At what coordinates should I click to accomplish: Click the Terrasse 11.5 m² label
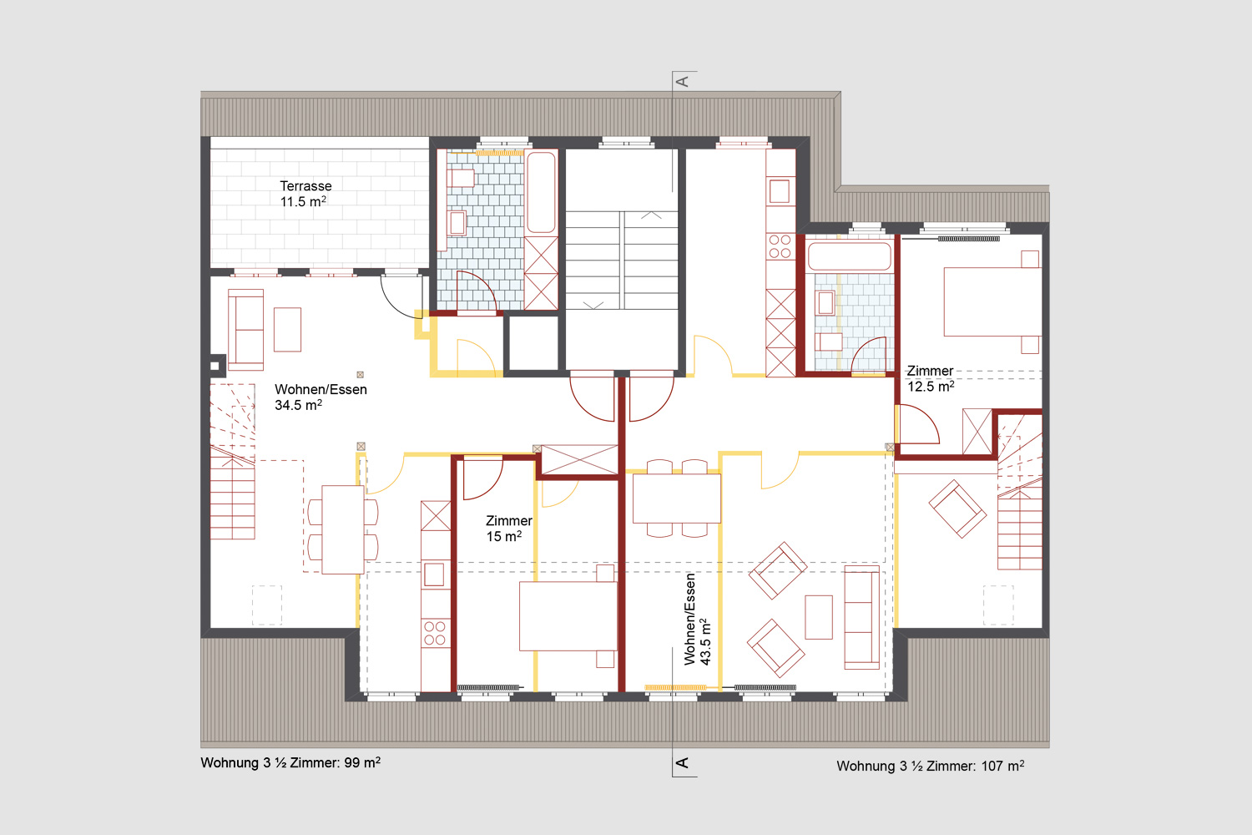305,194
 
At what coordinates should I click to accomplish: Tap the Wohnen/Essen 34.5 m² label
321,397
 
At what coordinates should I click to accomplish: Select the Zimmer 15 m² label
508,529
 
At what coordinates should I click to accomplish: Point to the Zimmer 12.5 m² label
930,378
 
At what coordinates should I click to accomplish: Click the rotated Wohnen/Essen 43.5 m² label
697,619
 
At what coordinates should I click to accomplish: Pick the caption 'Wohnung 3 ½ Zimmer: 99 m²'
290,763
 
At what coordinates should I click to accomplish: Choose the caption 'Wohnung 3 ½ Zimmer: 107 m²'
930,767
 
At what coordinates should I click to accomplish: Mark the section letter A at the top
683,82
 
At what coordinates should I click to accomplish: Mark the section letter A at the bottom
683,763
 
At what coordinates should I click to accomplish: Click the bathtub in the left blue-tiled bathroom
541,192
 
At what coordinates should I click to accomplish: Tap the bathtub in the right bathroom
849,256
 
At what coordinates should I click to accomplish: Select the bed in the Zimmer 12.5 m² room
992,302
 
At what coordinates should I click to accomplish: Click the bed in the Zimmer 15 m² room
568,615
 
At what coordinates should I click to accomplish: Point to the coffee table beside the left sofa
287,330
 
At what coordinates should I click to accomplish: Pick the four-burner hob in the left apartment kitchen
435,633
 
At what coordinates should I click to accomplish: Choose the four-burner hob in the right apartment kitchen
780,246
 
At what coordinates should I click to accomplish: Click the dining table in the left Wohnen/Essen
342,529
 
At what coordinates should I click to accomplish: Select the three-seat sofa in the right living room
862,617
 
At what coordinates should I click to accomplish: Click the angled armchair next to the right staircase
957,509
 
